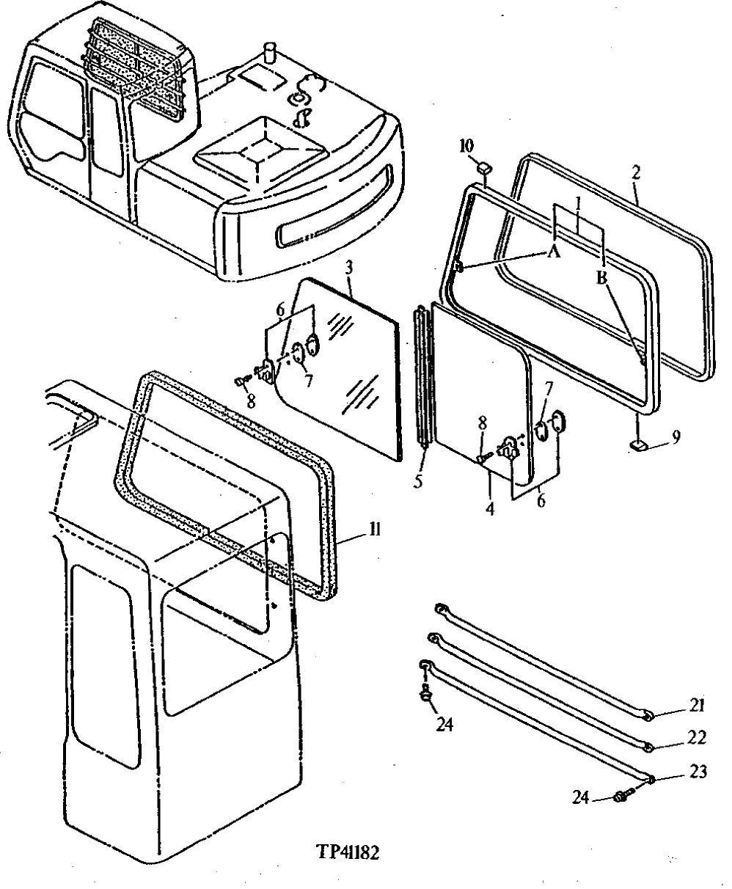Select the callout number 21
point(696,706)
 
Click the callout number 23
point(696,772)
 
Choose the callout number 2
point(636,173)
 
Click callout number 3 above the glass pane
point(350,268)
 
